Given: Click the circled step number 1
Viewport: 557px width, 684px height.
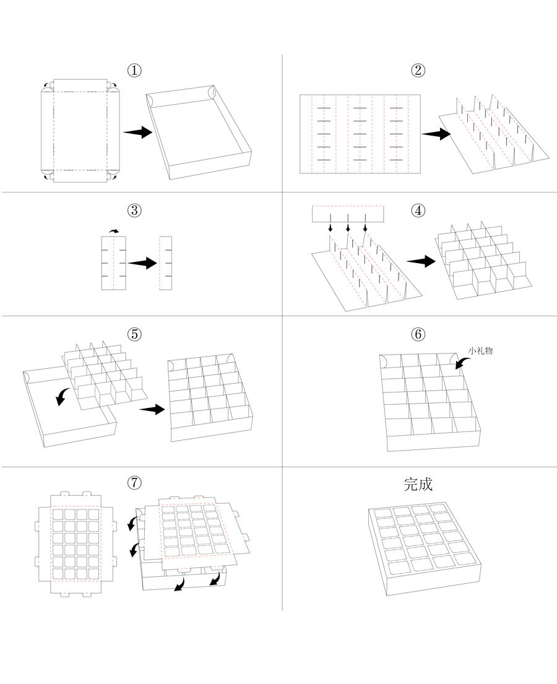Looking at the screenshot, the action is [134, 71].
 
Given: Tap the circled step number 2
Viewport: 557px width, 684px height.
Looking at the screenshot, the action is [418, 71].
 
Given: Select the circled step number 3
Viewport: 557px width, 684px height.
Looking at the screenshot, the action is [134, 210].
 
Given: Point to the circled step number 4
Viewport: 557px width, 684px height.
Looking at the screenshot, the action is [418, 210].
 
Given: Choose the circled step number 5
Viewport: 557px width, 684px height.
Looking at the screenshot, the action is [134, 334].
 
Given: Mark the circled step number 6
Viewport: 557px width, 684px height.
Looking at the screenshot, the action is [418, 334].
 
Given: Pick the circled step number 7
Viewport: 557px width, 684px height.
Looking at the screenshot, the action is [134, 482].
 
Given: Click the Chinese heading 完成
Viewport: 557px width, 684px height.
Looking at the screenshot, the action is [418, 484].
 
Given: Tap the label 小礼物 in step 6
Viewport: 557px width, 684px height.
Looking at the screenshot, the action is [481, 351].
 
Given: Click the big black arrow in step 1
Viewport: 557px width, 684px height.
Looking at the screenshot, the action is [137, 132].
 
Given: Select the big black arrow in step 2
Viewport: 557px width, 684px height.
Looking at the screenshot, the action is [436, 133].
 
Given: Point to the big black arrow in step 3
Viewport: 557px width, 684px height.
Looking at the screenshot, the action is [142, 263].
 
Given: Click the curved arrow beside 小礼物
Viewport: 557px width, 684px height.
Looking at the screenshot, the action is [461, 363].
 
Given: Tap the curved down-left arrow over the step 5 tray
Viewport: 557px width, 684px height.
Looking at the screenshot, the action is [62, 396].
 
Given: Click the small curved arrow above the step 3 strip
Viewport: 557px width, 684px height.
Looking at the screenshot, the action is [114, 231].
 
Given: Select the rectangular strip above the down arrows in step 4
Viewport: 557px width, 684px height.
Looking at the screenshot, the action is [348, 214].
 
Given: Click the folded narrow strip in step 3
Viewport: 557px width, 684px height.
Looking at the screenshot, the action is [165, 262].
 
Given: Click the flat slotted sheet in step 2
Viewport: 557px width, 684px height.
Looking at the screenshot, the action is [360, 133].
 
